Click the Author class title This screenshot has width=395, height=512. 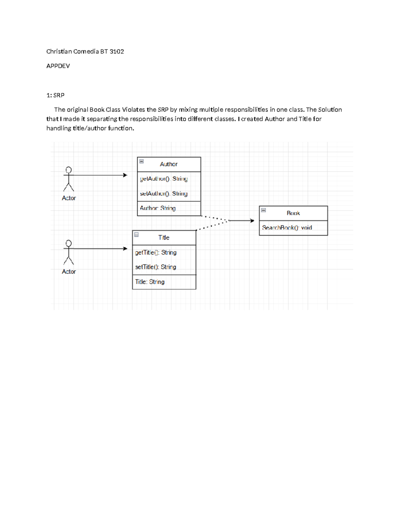point(169,164)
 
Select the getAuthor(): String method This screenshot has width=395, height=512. point(164,179)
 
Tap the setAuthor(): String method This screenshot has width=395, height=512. point(164,194)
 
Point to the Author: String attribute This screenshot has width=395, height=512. point(158,208)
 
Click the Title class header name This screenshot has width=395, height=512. point(164,237)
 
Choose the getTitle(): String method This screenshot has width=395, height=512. point(156,253)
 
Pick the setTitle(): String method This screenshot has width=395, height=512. point(155,267)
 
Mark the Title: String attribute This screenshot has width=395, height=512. point(150,282)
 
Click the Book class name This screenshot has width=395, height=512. point(293,213)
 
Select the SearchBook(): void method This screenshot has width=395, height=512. point(287,228)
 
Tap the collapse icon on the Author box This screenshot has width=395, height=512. point(142,162)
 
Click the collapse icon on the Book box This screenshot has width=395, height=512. point(263,210)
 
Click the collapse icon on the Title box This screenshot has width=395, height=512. point(136,235)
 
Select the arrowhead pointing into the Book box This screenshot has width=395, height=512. point(252,221)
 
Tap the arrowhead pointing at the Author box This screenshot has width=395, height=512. point(125,175)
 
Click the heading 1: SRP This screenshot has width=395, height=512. point(55,95)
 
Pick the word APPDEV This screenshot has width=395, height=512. point(58,66)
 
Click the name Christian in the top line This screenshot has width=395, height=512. point(59,51)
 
